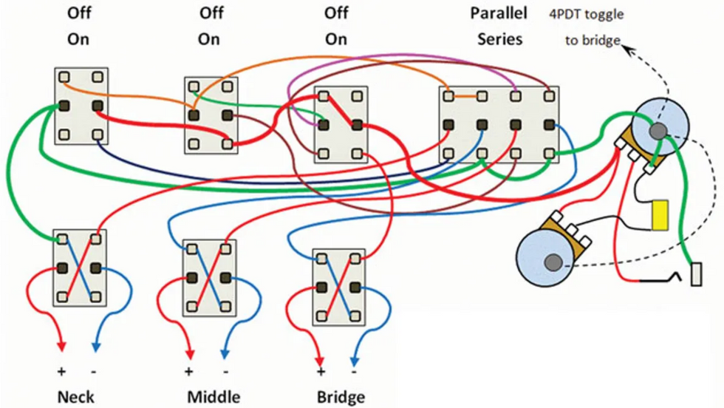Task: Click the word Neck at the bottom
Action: (75, 397)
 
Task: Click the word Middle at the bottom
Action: (214, 397)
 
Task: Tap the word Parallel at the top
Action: (498, 13)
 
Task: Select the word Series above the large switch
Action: (499, 39)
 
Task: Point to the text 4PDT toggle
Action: (586, 14)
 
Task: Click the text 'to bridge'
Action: (592, 41)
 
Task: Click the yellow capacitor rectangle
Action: (660, 215)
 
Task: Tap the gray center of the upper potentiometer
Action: (658, 132)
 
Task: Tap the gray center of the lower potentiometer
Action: (553, 262)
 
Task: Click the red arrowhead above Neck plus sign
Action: (61, 346)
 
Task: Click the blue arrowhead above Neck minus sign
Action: (95, 346)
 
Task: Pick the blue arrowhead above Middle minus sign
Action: (225, 353)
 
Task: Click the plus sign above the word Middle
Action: (188, 371)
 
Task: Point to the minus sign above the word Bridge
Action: (354, 371)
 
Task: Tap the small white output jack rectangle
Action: (696, 274)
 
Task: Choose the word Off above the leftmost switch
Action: (79, 13)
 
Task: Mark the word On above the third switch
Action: (335, 39)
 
